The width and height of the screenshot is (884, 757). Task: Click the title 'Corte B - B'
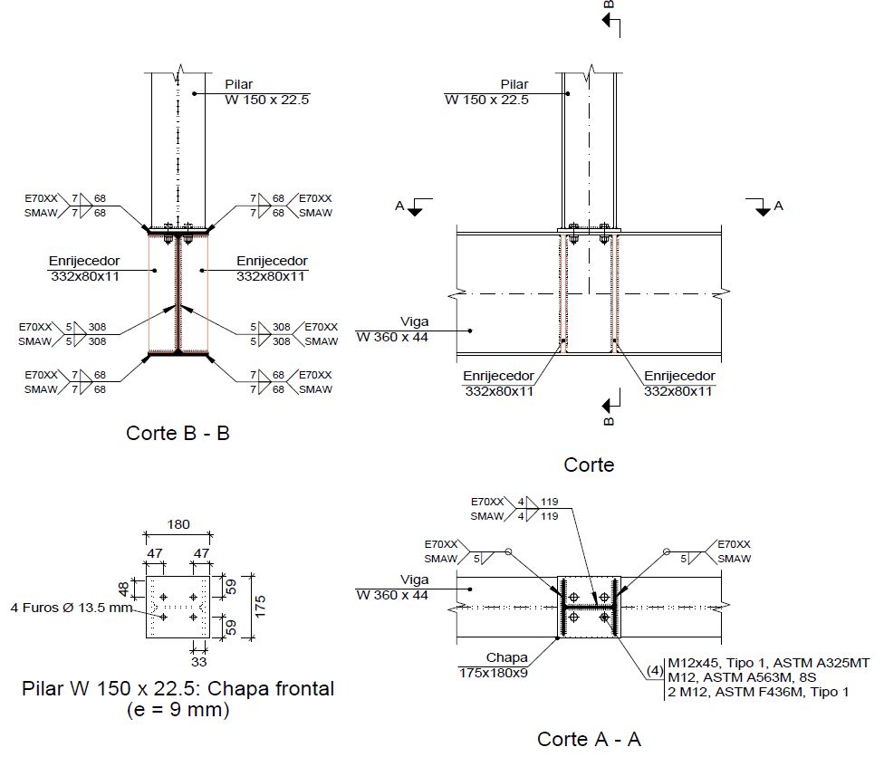click(178, 433)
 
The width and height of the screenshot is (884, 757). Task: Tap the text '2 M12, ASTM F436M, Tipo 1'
click(757, 692)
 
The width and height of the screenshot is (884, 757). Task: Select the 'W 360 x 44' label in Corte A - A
click(392, 595)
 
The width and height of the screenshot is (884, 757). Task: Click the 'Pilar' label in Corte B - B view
click(238, 85)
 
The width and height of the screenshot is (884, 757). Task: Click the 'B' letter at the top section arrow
click(609, 5)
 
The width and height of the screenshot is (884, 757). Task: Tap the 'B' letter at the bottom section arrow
click(609, 419)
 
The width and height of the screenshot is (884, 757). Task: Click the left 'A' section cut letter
click(399, 206)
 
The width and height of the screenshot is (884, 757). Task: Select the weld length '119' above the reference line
click(550, 502)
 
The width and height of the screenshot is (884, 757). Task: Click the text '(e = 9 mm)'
click(178, 710)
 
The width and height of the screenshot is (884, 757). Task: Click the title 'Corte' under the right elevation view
click(589, 465)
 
